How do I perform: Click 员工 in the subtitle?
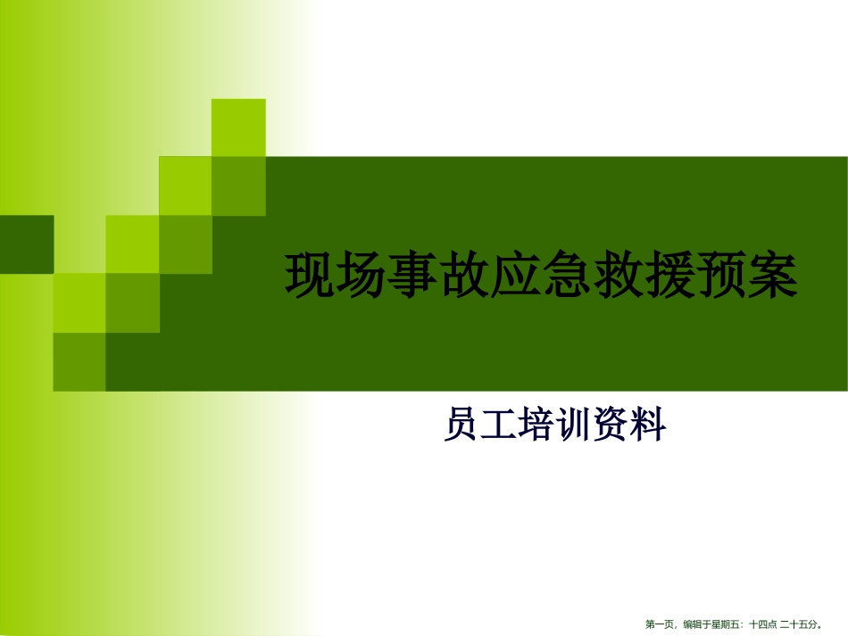pyautogui.click(x=481, y=425)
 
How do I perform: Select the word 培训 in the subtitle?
pyautogui.click(x=555, y=425)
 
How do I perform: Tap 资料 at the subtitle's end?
pyautogui.click(x=629, y=425)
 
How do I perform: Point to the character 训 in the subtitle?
pyautogui.click(x=574, y=425)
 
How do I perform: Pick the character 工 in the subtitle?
pyautogui.click(x=500, y=425)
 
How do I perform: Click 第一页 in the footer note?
pyautogui.click(x=661, y=625)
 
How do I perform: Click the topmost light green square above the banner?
pyautogui.click(x=238, y=128)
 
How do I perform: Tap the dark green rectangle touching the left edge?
pyautogui.click(x=26, y=244)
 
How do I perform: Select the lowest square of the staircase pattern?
pyautogui.click(x=79, y=362)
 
